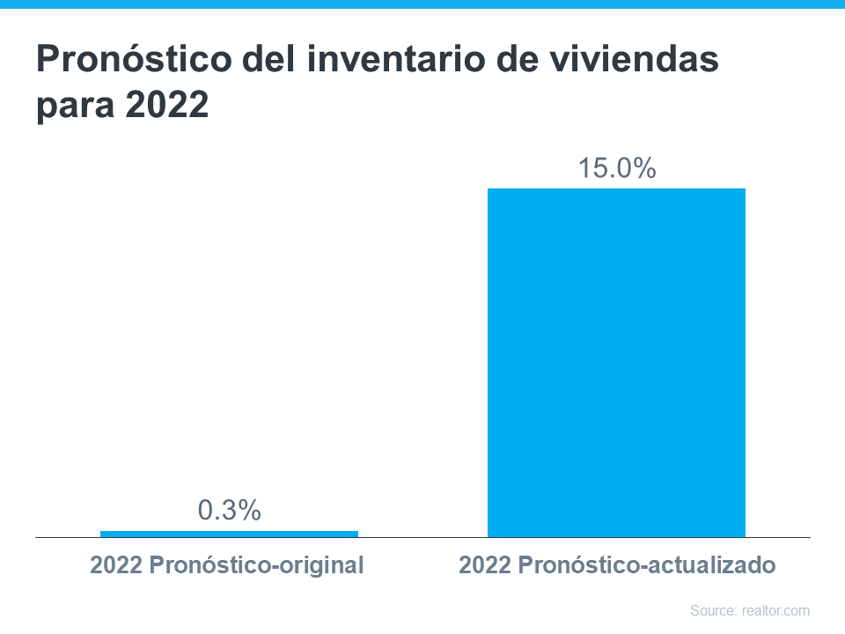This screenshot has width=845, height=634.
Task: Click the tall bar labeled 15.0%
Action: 616,362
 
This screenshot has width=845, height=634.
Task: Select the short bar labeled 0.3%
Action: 229,534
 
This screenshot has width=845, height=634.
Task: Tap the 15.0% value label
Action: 616,168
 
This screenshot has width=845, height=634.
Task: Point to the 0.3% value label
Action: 229,510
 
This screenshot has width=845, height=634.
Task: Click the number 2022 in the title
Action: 167,106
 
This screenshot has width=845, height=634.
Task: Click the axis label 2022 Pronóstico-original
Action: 226,565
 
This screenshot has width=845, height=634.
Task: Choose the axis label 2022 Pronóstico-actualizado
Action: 617,565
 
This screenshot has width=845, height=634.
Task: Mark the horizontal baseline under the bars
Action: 422,537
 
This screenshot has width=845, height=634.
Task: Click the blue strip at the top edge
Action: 422,4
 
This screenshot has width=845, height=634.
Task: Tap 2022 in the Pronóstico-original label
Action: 114,565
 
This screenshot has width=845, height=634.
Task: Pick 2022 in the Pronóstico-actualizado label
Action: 484,565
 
